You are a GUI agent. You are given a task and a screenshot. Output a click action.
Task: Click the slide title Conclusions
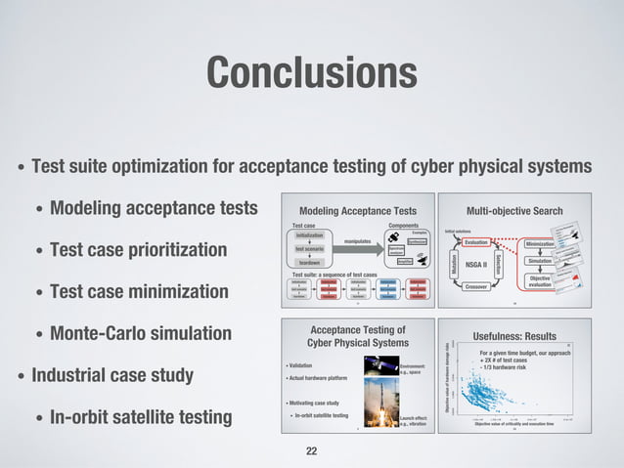(x=311, y=70)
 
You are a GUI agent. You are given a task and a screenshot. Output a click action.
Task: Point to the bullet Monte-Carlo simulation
(x=141, y=334)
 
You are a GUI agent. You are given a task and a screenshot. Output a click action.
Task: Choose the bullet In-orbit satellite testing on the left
(x=141, y=418)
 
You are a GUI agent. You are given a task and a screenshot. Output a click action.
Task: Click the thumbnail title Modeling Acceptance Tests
(x=357, y=210)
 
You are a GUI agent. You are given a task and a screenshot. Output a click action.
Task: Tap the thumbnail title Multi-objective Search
(x=515, y=210)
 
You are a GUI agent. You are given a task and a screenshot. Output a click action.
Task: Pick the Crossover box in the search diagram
(x=476, y=286)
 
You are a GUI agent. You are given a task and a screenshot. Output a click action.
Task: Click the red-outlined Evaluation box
(x=476, y=242)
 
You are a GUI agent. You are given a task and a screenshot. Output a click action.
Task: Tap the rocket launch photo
(x=376, y=410)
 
